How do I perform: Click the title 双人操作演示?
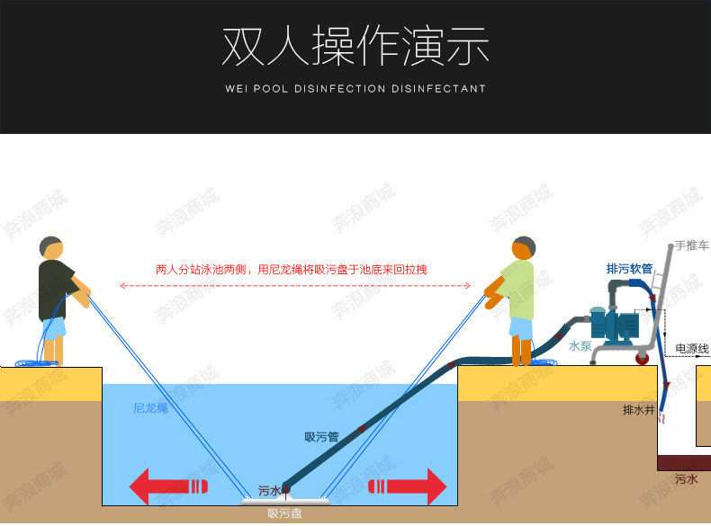click(x=355, y=47)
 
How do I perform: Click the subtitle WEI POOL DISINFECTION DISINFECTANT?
click(x=355, y=89)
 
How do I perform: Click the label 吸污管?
click(x=321, y=438)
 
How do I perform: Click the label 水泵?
click(x=580, y=345)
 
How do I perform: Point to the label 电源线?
click(x=692, y=348)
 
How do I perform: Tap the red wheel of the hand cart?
click(x=644, y=358)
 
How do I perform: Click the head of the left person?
click(x=51, y=248)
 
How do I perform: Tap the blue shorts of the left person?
click(x=54, y=328)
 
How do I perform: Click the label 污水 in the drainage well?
click(x=686, y=479)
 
